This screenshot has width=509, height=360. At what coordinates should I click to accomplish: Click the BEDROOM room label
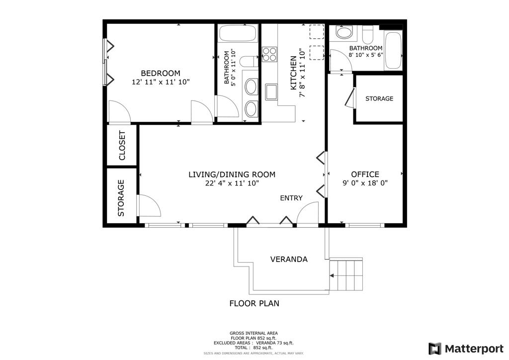161,73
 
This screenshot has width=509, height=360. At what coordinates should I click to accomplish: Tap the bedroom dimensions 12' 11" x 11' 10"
161,82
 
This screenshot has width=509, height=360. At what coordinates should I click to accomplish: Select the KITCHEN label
293,73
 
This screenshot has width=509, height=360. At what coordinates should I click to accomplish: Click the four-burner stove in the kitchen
269,54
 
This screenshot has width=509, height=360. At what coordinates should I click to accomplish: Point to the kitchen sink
271,92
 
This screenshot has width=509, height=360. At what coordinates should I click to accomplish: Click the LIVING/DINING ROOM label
232,175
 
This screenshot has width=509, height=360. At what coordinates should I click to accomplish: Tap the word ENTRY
291,198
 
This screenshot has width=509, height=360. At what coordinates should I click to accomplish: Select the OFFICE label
365,175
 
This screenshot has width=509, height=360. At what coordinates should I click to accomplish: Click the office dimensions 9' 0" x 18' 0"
365,183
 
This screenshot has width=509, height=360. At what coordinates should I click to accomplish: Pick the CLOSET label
122,145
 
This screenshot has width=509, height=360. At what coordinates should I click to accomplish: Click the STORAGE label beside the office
379,98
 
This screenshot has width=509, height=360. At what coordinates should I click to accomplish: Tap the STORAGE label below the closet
121,198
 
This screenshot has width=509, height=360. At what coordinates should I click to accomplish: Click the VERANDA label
289,260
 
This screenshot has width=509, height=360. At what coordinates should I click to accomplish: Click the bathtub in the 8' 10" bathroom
394,50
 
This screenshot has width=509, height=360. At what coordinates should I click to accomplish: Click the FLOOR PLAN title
254,303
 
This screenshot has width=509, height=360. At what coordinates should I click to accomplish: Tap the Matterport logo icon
435,349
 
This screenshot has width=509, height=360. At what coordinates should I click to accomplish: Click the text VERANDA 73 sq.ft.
274,343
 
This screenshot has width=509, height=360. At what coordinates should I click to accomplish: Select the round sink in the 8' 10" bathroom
344,32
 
